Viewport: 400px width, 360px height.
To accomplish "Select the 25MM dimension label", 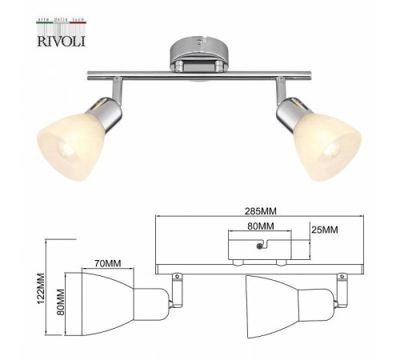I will (325, 230).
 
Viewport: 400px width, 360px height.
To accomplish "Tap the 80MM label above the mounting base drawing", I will (260, 226).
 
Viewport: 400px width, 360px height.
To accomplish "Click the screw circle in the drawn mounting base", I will (258, 250).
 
